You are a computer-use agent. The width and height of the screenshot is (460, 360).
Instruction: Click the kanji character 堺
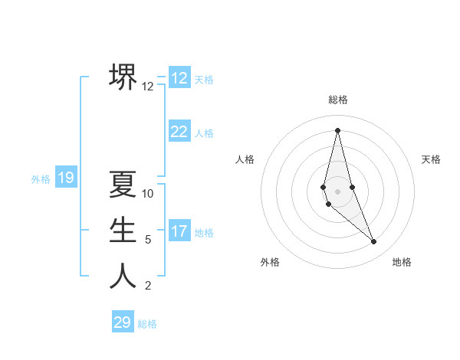pyautogui.click(x=123, y=77)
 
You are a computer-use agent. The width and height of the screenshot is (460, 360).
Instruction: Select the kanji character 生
pyautogui.click(x=123, y=230)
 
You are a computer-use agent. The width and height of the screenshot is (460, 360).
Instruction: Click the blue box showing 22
pyautogui.click(x=179, y=132)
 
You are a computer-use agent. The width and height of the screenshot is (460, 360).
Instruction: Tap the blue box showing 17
pyautogui.click(x=179, y=231)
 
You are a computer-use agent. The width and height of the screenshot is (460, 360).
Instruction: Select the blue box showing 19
pyautogui.click(x=66, y=178)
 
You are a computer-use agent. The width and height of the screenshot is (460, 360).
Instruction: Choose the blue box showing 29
pyautogui.click(x=123, y=322)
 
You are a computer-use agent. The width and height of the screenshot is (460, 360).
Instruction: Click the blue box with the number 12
pyautogui.click(x=179, y=78)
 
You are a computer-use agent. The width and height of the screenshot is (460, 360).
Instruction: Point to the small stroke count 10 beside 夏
pyautogui.click(x=148, y=194)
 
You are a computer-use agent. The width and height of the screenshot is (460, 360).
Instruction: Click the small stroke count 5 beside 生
pyautogui.click(x=148, y=240)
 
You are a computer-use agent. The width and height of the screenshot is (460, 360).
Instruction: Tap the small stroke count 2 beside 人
pyautogui.click(x=148, y=286)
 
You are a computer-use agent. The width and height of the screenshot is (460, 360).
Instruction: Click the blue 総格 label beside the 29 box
pyautogui.click(x=147, y=324)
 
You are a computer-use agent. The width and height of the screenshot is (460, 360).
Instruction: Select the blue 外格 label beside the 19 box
pyautogui.click(x=41, y=179)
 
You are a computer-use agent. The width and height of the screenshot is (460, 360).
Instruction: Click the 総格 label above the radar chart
pyautogui.click(x=338, y=100)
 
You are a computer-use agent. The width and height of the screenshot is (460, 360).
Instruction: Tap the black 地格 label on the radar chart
pyautogui.click(x=402, y=262)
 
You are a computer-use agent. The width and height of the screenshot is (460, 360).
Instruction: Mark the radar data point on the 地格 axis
pyautogui.click(x=374, y=242)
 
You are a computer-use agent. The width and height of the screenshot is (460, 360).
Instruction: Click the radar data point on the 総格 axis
pyautogui.click(x=338, y=129)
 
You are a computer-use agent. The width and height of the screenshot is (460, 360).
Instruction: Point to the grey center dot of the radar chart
pyautogui.click(x=338, y=191)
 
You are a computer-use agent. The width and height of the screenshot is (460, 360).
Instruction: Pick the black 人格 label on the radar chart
pyautogui.click(x=245, y=159)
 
